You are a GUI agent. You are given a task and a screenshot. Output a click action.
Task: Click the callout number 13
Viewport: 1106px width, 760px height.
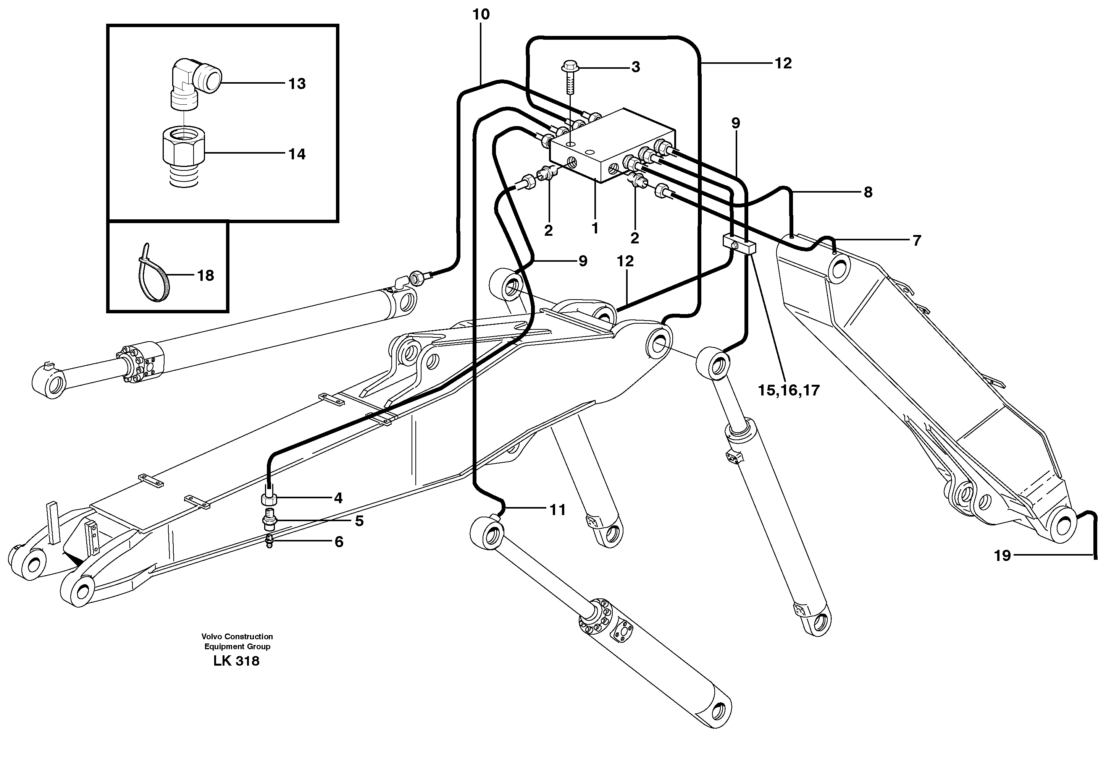[x=297, y=84]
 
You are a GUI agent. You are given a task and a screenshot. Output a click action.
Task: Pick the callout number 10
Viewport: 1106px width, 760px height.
[x=481, y=15]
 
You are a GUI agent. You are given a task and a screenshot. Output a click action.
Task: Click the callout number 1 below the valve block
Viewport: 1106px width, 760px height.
[x=595, y=228]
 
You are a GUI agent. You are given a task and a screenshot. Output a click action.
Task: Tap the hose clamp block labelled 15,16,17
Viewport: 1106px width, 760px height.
[x=737, y=244]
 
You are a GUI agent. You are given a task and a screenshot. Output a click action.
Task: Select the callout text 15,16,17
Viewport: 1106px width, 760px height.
[x=789, y=391]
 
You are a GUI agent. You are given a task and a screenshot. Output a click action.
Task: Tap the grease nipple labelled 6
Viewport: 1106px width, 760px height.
[x=270, y=541]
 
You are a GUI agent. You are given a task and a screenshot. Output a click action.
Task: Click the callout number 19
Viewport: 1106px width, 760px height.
[x=1002, y=555]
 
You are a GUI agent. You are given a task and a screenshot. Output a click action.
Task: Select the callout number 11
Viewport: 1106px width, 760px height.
[x=557, y=510]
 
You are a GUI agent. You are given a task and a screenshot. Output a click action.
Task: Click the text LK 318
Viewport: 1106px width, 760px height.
[x=237, y=661]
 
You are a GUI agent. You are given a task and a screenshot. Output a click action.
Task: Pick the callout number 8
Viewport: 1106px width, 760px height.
[x=868, y=192]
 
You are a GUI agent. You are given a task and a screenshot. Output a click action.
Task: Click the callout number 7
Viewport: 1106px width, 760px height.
[x=917, y=240]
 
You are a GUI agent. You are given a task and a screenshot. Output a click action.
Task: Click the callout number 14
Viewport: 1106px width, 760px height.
[x=297, y=154]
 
